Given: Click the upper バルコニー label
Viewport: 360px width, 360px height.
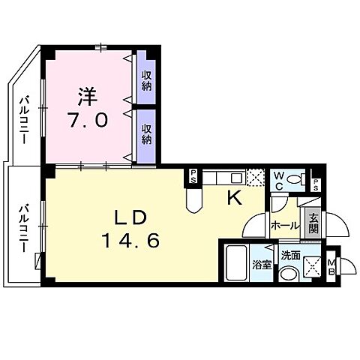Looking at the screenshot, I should tap(25, 120).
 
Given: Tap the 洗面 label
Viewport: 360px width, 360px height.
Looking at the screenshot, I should tap(290, 255).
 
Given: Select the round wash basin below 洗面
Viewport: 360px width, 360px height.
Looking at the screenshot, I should tap(288, 274).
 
